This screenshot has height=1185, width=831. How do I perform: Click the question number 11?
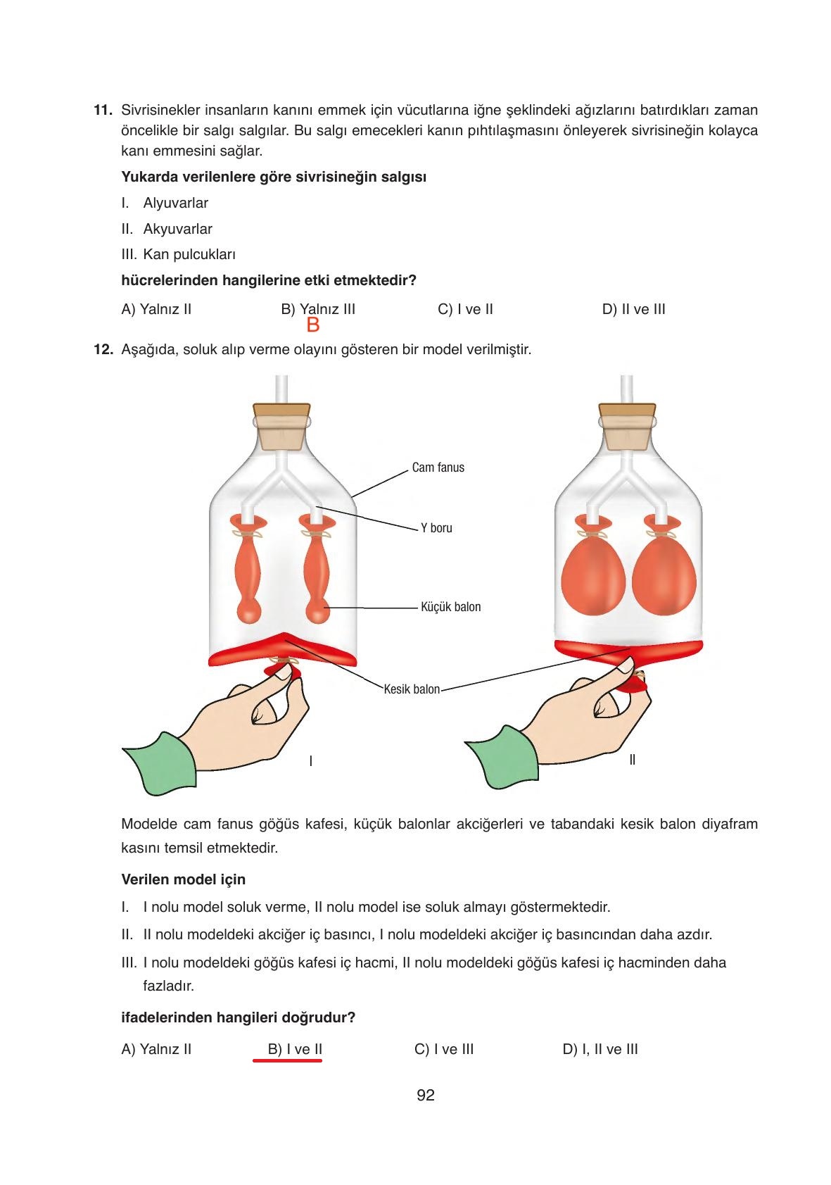click(102, 111)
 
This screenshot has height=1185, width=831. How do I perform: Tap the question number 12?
click(103, 349)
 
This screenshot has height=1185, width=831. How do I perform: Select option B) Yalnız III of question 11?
click(318, 309)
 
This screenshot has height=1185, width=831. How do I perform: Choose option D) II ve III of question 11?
click(633, 309)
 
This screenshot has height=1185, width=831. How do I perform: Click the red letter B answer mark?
click(313, 325)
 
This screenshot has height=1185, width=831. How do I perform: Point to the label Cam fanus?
click(438, 468)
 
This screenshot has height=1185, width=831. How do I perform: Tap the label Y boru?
click(436, 528)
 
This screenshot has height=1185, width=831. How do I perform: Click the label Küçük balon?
click(450, 607)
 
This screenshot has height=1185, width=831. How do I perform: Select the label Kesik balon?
click(412, 689)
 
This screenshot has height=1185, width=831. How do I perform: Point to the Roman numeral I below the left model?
click(310, 761)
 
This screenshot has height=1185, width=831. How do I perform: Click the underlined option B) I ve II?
click(295, 1049)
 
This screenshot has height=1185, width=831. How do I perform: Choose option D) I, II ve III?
click(600, 1049)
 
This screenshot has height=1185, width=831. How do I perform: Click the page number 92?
click(425, 1095)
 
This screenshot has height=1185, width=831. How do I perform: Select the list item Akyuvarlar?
click(177, 229)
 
